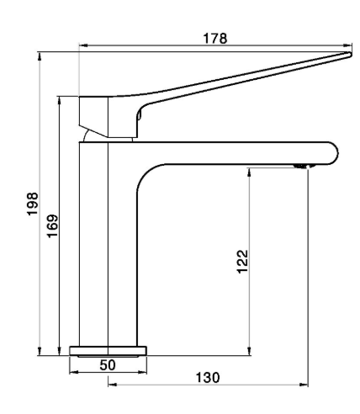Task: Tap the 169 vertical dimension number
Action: pyautogui.click(x=50, y=226)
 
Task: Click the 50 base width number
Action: pyautogui.click(x=108, y=364)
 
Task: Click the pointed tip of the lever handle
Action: pyautogui.click(x=347, y=56)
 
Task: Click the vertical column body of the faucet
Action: pyautogui.click(x=94, y=244)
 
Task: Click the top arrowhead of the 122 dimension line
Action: pyautogui.click(x=250, y=172)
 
